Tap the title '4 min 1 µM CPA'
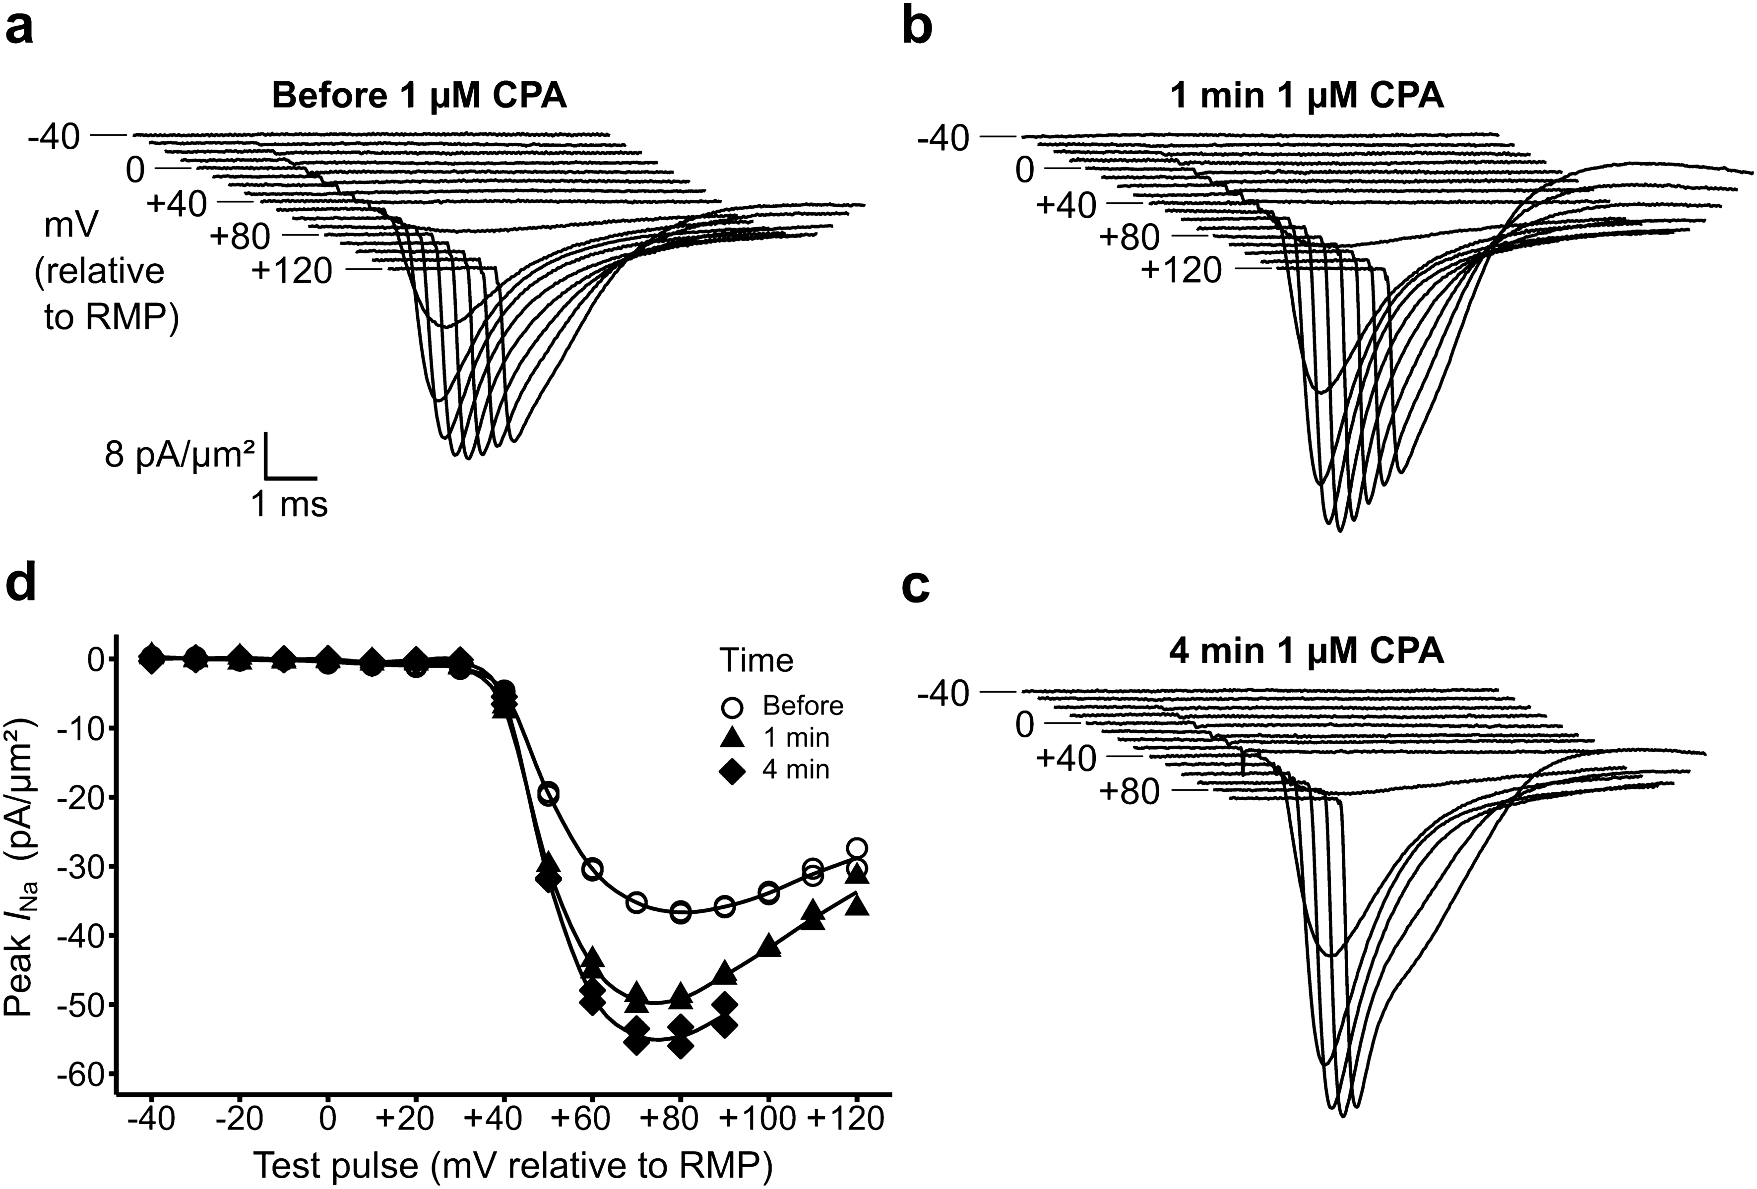click(1307, 652)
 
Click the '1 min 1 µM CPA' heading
click(1307, 97)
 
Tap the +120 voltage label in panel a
click(293, 271)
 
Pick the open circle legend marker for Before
click(733, 708)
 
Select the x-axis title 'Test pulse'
click(512, 1165)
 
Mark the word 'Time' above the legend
click(756, 660)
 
